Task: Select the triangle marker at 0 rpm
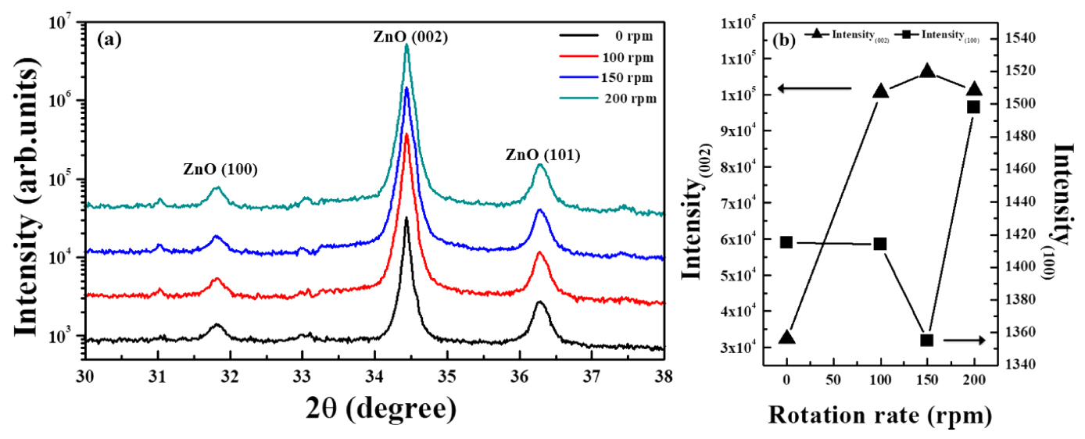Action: tap(787, 337)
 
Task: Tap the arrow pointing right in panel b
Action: tap(962, 340)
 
